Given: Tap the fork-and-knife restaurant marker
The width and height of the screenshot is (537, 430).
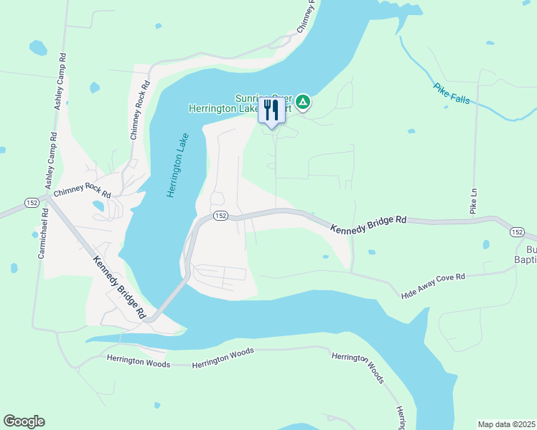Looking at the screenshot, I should [x=271, y=111].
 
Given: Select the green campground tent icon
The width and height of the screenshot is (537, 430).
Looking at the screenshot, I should [x=304, y=102].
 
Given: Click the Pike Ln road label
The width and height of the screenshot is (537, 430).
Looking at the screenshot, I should [x=473, y=201].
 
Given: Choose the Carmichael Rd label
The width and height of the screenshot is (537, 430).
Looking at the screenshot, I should [x=43, y=233].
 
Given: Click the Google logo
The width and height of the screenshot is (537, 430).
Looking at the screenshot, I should [x=24, y=421].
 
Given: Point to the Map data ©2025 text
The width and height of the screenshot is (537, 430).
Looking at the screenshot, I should [x=506, y=424].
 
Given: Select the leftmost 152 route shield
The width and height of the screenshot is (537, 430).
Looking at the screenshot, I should [x=31, y=202].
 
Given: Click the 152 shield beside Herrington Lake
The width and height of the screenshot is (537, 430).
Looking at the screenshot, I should [x=220, y=216].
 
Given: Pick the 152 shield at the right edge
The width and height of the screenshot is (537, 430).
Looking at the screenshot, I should [x=517, y=231].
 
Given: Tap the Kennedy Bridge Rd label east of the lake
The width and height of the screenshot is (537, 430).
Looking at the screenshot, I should [x=368, y=224].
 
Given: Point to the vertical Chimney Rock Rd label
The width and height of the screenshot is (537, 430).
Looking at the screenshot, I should [x=139, y=109].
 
